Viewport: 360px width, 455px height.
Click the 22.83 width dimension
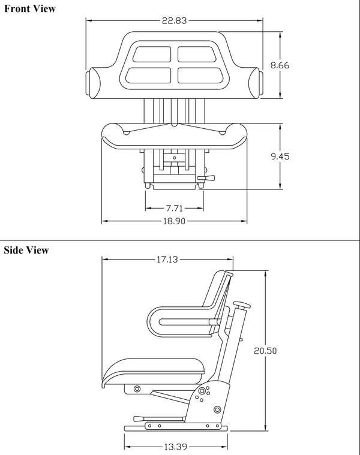pos(175,20)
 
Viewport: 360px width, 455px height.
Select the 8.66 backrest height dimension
pos(280,65)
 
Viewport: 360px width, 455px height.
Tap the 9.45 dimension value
pos(280,156)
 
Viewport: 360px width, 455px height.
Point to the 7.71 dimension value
pos(173,208)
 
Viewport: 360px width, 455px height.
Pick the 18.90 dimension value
pos(174,221)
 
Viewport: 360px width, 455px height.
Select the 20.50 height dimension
pos(265,351)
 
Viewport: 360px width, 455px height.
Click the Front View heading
pos(29,8)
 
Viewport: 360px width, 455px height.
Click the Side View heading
pos(26,250)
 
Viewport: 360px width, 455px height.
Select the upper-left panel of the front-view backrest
pos(152,54)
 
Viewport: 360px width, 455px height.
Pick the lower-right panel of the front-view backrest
pos(196,75)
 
